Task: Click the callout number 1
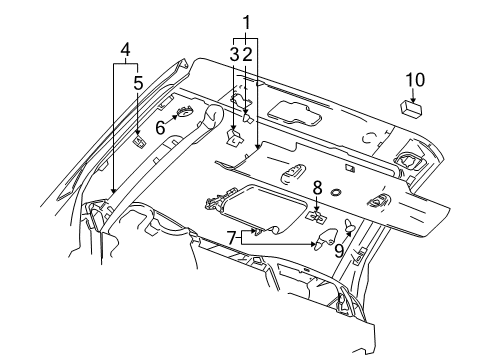coord(245,21)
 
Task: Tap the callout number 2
coord(246,52)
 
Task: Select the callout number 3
coord(233,52)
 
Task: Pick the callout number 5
coord(137,84)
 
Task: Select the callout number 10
coord(414,79)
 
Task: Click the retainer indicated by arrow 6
coord(186,114)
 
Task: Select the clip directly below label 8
coord(317,213)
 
